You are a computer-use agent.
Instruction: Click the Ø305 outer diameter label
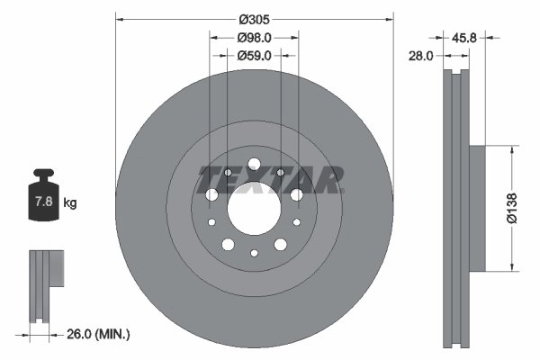pos(255,19)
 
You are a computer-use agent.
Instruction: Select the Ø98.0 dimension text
pos(255,38)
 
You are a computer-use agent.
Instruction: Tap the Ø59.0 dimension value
pos(255,56)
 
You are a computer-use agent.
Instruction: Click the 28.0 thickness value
pos(420,56)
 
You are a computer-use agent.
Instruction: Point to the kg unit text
pos(69,203)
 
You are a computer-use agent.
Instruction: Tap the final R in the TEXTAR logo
pos(329,180)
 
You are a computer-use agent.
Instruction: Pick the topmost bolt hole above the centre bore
pos(254,164)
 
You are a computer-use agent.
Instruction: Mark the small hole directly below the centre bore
pos(254,253)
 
